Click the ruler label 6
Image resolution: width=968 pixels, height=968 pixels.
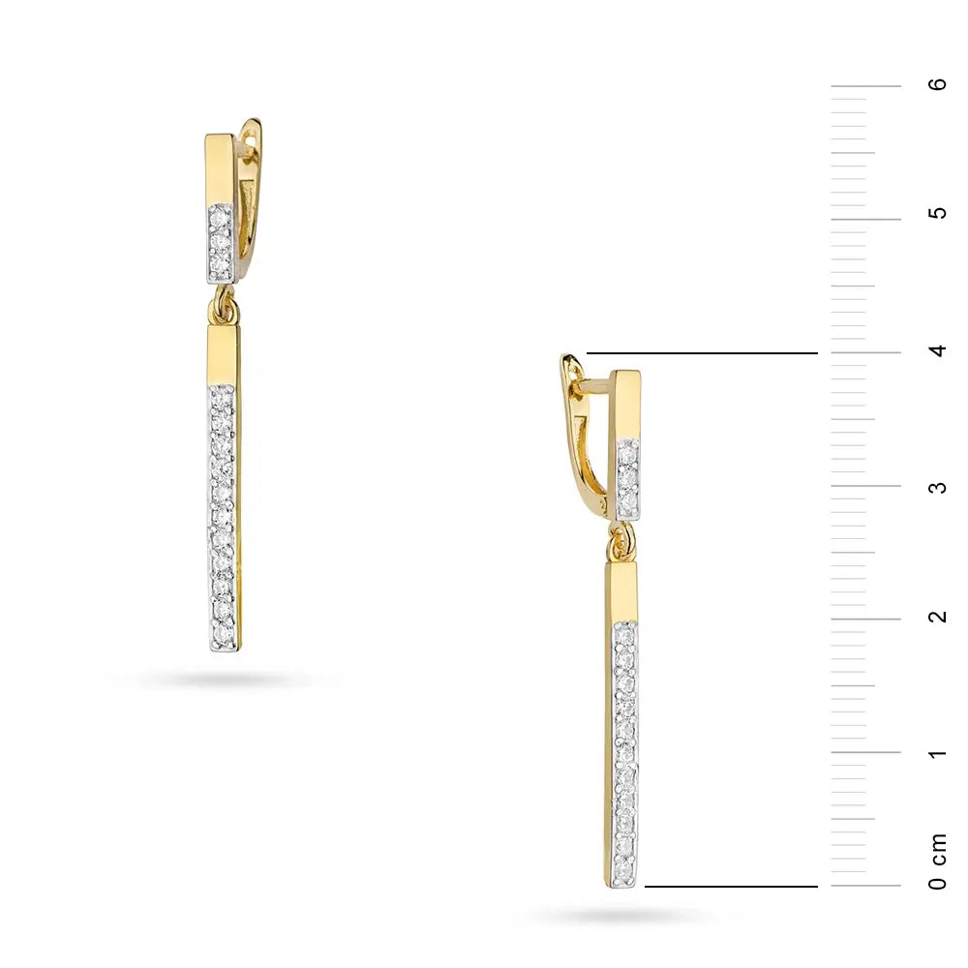tap(937, 85)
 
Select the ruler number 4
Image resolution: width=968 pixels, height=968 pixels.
tap(937, 350)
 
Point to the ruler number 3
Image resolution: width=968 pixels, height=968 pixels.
tap(937, 487)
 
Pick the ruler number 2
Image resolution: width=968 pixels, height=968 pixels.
tap(937, 618)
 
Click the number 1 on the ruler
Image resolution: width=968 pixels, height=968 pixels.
tap(937, 753)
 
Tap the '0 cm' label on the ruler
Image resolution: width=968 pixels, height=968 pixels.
tap(937, 862)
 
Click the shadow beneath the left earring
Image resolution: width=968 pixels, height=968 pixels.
tap(225, 680)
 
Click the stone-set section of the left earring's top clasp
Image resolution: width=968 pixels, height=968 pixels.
tap(220, 242)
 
